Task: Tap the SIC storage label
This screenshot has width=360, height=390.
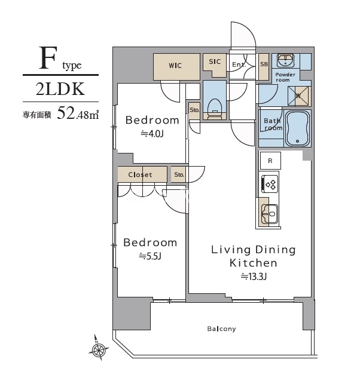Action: coord(215,62)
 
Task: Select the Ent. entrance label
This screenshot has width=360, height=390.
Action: coord(237,65)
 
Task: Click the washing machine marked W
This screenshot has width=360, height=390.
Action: coord(298,96)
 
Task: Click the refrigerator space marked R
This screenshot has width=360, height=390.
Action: coord(270,160)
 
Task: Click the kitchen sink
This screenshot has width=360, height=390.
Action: coord(269,212)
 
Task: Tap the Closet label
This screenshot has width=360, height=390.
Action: coord(139,175)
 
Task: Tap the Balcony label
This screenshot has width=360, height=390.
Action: coord(221,328)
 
